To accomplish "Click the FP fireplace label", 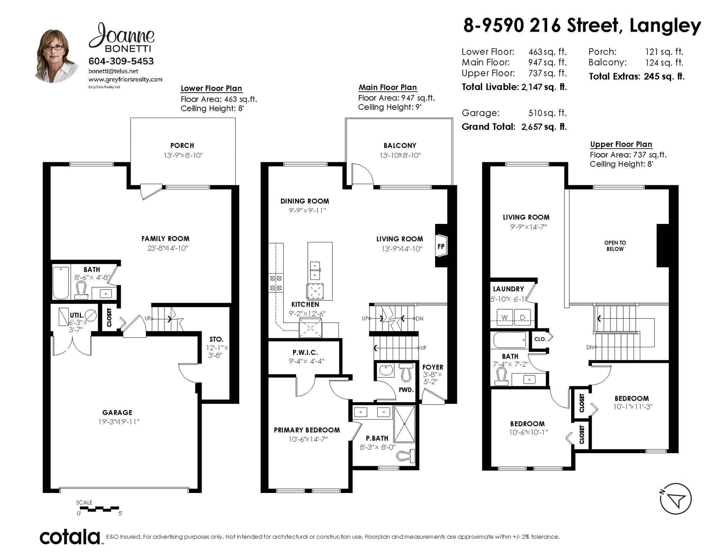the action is [441, 246].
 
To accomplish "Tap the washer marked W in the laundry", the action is [504, 317].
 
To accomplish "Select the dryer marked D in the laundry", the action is [522, 317].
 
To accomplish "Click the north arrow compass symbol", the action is [676, 499].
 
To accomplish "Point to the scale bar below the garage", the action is [98, 509].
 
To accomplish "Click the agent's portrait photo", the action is [56, 56].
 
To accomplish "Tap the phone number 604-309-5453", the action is [121, 61].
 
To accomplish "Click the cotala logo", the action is [70, 537].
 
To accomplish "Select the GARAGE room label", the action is [117, 412].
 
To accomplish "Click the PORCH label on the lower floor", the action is [182, 146].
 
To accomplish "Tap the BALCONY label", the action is [399, 146].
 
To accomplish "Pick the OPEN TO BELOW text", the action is [615, 246].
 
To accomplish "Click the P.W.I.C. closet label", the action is [305, 352].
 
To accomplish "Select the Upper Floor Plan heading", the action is [621, 144].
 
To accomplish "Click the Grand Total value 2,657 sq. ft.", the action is [544, 127].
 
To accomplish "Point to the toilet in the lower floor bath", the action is [81, 290].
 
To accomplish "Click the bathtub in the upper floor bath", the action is [509, 340].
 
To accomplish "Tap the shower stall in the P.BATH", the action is [404, 424].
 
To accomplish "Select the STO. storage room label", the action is [216, 339].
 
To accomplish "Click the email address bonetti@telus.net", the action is [113, 71].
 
